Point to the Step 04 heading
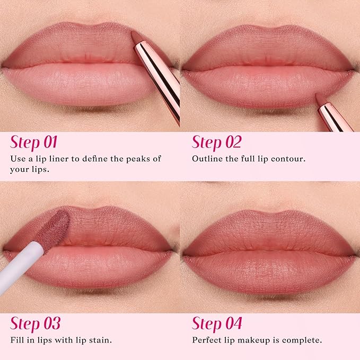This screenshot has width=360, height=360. point(217,323)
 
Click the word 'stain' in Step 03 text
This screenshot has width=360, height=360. point(99,340)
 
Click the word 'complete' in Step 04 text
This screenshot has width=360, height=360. point(303,340)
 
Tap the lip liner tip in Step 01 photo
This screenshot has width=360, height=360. point(135,36)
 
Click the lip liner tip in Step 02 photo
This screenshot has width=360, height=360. point(320,99)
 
